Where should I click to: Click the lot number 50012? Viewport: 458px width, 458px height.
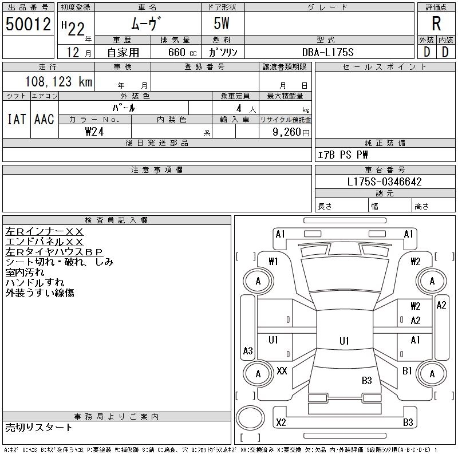pos(28,25)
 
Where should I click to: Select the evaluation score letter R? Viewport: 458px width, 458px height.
pos(436,24)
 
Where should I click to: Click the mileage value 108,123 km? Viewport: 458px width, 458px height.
pos(58,82)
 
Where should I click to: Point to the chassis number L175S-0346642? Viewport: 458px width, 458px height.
pos(385,182)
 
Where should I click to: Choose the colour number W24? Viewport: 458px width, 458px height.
pos(95,131)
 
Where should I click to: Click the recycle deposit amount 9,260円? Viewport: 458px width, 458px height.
pos(293,131)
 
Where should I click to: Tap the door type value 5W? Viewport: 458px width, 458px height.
pos(223,24)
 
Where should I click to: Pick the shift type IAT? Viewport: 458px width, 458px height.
pos(16,119)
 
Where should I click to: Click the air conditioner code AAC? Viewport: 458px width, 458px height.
pos(44,119)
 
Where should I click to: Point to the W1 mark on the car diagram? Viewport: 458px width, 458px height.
pos(273,262)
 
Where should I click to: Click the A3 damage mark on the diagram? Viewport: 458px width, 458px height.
pos(248,350)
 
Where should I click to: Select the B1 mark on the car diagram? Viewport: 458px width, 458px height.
pos(407,371)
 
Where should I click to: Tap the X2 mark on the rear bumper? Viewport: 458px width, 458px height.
pos(281,423)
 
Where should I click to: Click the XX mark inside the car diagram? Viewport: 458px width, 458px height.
pos(282,371)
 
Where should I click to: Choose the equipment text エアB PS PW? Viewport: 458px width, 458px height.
pos(343,155)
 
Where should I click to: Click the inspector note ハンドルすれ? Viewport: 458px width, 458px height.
pos(35,283)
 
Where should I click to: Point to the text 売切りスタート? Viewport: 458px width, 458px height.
pos(40,427)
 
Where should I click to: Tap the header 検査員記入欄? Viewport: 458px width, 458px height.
pos(117,220)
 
